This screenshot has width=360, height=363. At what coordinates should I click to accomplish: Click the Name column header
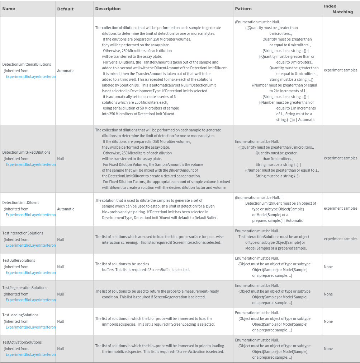click(x=9, y=9)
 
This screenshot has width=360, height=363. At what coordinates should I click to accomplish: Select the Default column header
click(x=65, y=9)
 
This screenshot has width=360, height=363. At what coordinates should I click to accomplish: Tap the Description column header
click(x=108, y=9)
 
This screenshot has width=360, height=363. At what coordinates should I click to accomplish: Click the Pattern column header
click(x=243, y=9)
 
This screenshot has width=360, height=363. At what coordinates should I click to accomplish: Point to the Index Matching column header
click(x=338, y=9)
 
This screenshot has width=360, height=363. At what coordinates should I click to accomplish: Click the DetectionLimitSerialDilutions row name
click(x=27, y=64)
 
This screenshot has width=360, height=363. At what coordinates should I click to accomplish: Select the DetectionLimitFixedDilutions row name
click(x=26, y=152)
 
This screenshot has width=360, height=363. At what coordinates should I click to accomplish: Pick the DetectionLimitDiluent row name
click(x=20, y=203)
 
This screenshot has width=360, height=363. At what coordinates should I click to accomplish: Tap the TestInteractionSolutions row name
click(x=23, y=233)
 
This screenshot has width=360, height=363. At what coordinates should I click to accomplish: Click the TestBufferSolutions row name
click(x=19, y=260)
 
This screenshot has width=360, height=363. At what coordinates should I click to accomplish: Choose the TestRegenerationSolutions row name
click(x=25, y=288)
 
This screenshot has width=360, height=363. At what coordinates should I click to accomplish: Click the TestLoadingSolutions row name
click(x=20, y=315)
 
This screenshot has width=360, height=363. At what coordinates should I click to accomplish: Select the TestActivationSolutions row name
click(x=22, y=342)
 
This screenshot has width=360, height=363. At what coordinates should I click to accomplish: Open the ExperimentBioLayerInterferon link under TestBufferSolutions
click(x=30, y=273)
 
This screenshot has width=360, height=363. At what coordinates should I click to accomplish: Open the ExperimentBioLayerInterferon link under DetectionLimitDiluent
click(x=30, y=215)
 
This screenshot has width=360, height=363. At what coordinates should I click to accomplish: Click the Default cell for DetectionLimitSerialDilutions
click(x=66, y=71)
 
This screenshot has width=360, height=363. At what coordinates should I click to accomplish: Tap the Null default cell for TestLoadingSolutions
click(x=60, y=321)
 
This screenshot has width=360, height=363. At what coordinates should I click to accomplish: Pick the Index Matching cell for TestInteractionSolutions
click(x=340, y=239)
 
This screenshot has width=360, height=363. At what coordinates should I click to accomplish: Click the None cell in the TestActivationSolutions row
click(x=328, y=349)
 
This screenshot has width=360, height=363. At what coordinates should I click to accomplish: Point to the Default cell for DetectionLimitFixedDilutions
click(x=60, y=158)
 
